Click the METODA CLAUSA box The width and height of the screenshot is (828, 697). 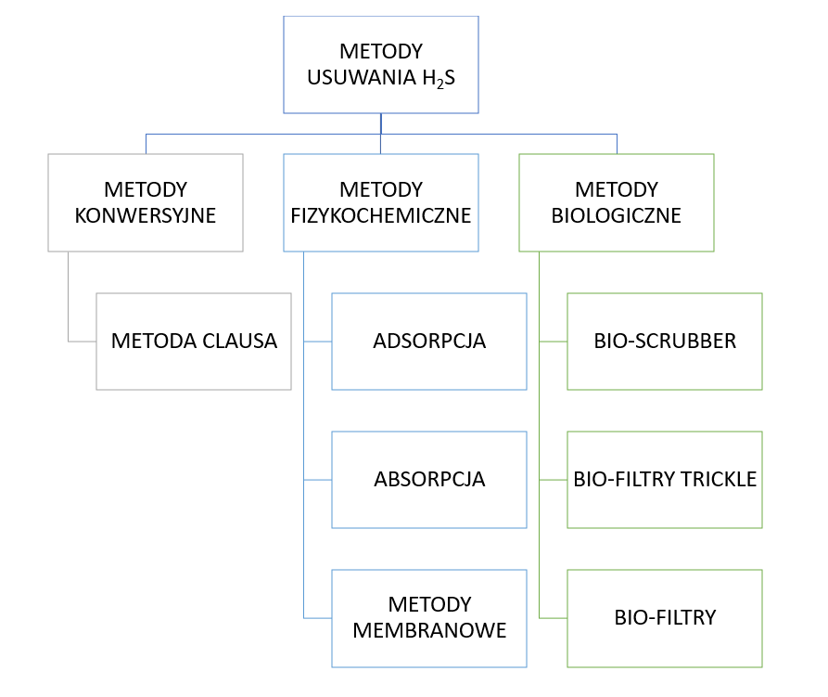click(x=194, y=342)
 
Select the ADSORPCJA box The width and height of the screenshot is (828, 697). click(x=429, y=342)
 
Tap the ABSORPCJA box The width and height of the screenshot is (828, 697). click(x=429, y=480)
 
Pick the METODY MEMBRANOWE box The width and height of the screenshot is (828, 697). click(x=429, y=618)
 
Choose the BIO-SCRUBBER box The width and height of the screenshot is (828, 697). click(x=665, y=342)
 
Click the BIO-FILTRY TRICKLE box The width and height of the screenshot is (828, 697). click(x=665, y=480)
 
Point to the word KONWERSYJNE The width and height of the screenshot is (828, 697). click(x=146, y=215)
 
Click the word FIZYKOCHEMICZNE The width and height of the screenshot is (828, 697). click(x=381, y=215)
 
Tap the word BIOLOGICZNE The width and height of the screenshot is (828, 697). click(x=617, y=215)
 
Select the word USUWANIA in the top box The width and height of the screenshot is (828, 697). click(x=362, y=78)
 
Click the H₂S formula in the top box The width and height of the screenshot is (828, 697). click(x=439, y=79)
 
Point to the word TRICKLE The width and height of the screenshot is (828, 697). click(x=719, y=479)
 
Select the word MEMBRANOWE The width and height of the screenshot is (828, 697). click(x=429, y=630)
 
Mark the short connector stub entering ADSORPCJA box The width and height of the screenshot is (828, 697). click(x=318, y=342)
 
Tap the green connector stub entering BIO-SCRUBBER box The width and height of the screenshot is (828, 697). click(x=554, y=342)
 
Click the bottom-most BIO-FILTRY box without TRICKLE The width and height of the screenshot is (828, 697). click(x=665, y=618)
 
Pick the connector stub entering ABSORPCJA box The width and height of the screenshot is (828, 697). click(x=318, y=480)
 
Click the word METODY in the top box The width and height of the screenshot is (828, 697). click(x=381, y=52)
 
